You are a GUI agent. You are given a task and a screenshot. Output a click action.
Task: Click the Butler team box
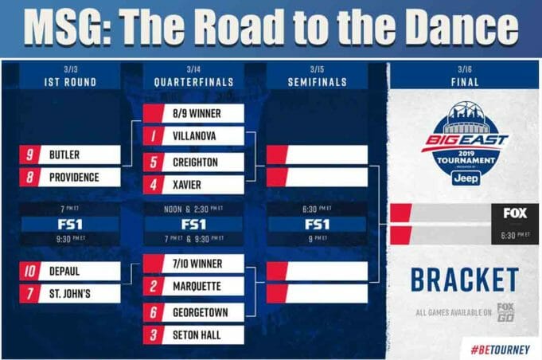[x=72, y=154]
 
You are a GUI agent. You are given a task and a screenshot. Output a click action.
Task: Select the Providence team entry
[x=72, y=177]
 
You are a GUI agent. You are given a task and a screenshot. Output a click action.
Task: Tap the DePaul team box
[x=72, y=271]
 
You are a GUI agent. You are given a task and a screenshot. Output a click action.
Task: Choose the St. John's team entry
[x=72, y=294]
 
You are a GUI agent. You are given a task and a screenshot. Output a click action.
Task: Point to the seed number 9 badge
[x=30, y=154]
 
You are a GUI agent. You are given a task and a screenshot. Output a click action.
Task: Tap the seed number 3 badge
[x=153, y=335]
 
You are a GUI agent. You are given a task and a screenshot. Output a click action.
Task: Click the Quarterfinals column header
[x=193, y=81]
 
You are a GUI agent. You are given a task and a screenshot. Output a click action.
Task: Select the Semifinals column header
[x=317, y=81]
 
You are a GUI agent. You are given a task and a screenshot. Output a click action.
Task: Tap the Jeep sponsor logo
[x=466, y=178]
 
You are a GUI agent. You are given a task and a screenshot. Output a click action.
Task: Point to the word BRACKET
[x=465, y=280]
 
